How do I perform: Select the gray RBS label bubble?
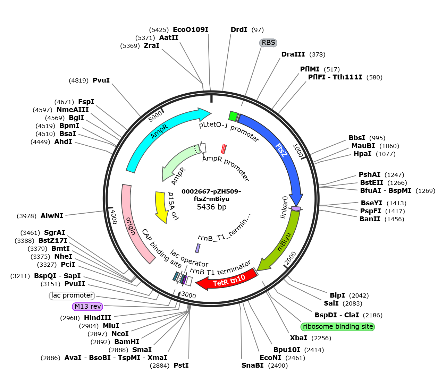tap(268, 43)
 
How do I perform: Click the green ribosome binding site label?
tap(338, 326)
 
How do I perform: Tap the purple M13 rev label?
tap(87, 306)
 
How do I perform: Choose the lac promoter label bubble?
tap(72, 295)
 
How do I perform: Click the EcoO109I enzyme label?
tap(191, 29)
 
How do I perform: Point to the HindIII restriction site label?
tap(98, 318)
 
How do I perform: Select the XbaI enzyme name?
tap(298, 338)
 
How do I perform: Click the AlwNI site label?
tap(52, 216)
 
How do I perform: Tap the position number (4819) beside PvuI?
tap(78, 80)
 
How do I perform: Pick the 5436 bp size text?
tap(212, 207)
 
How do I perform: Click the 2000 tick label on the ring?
tap(291, 258)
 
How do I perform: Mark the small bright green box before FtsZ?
tap(233, 116)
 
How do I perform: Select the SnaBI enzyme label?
tap(252, 365)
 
